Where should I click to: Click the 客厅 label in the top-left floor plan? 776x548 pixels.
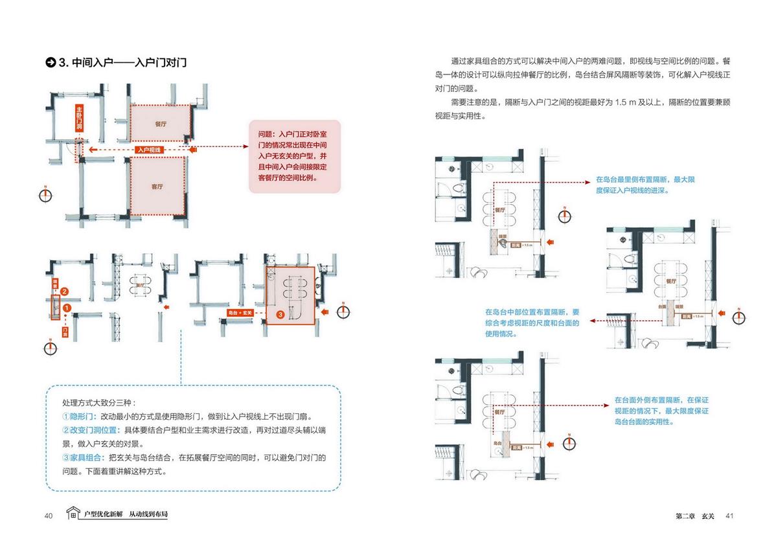click(157, 187)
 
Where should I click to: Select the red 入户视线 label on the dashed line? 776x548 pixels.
click(148, 150)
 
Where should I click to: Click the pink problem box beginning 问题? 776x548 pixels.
click(295, 155)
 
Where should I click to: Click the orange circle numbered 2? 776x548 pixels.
click(64, 291)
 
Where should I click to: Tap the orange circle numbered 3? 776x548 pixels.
click(280, 314)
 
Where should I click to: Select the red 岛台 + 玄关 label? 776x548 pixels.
click(240, 313)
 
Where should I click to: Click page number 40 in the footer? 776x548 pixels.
click(49, 516)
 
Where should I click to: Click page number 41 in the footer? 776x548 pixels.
click(729, 516)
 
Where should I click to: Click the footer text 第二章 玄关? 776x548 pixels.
click(694, 516)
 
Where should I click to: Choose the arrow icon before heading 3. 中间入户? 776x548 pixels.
click(50, 63)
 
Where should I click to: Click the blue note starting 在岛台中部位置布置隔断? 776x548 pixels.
click(532, 322)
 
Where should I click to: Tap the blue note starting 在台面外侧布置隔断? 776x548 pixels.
click(661, 411)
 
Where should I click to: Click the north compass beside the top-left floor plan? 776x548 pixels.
click(45, 196)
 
